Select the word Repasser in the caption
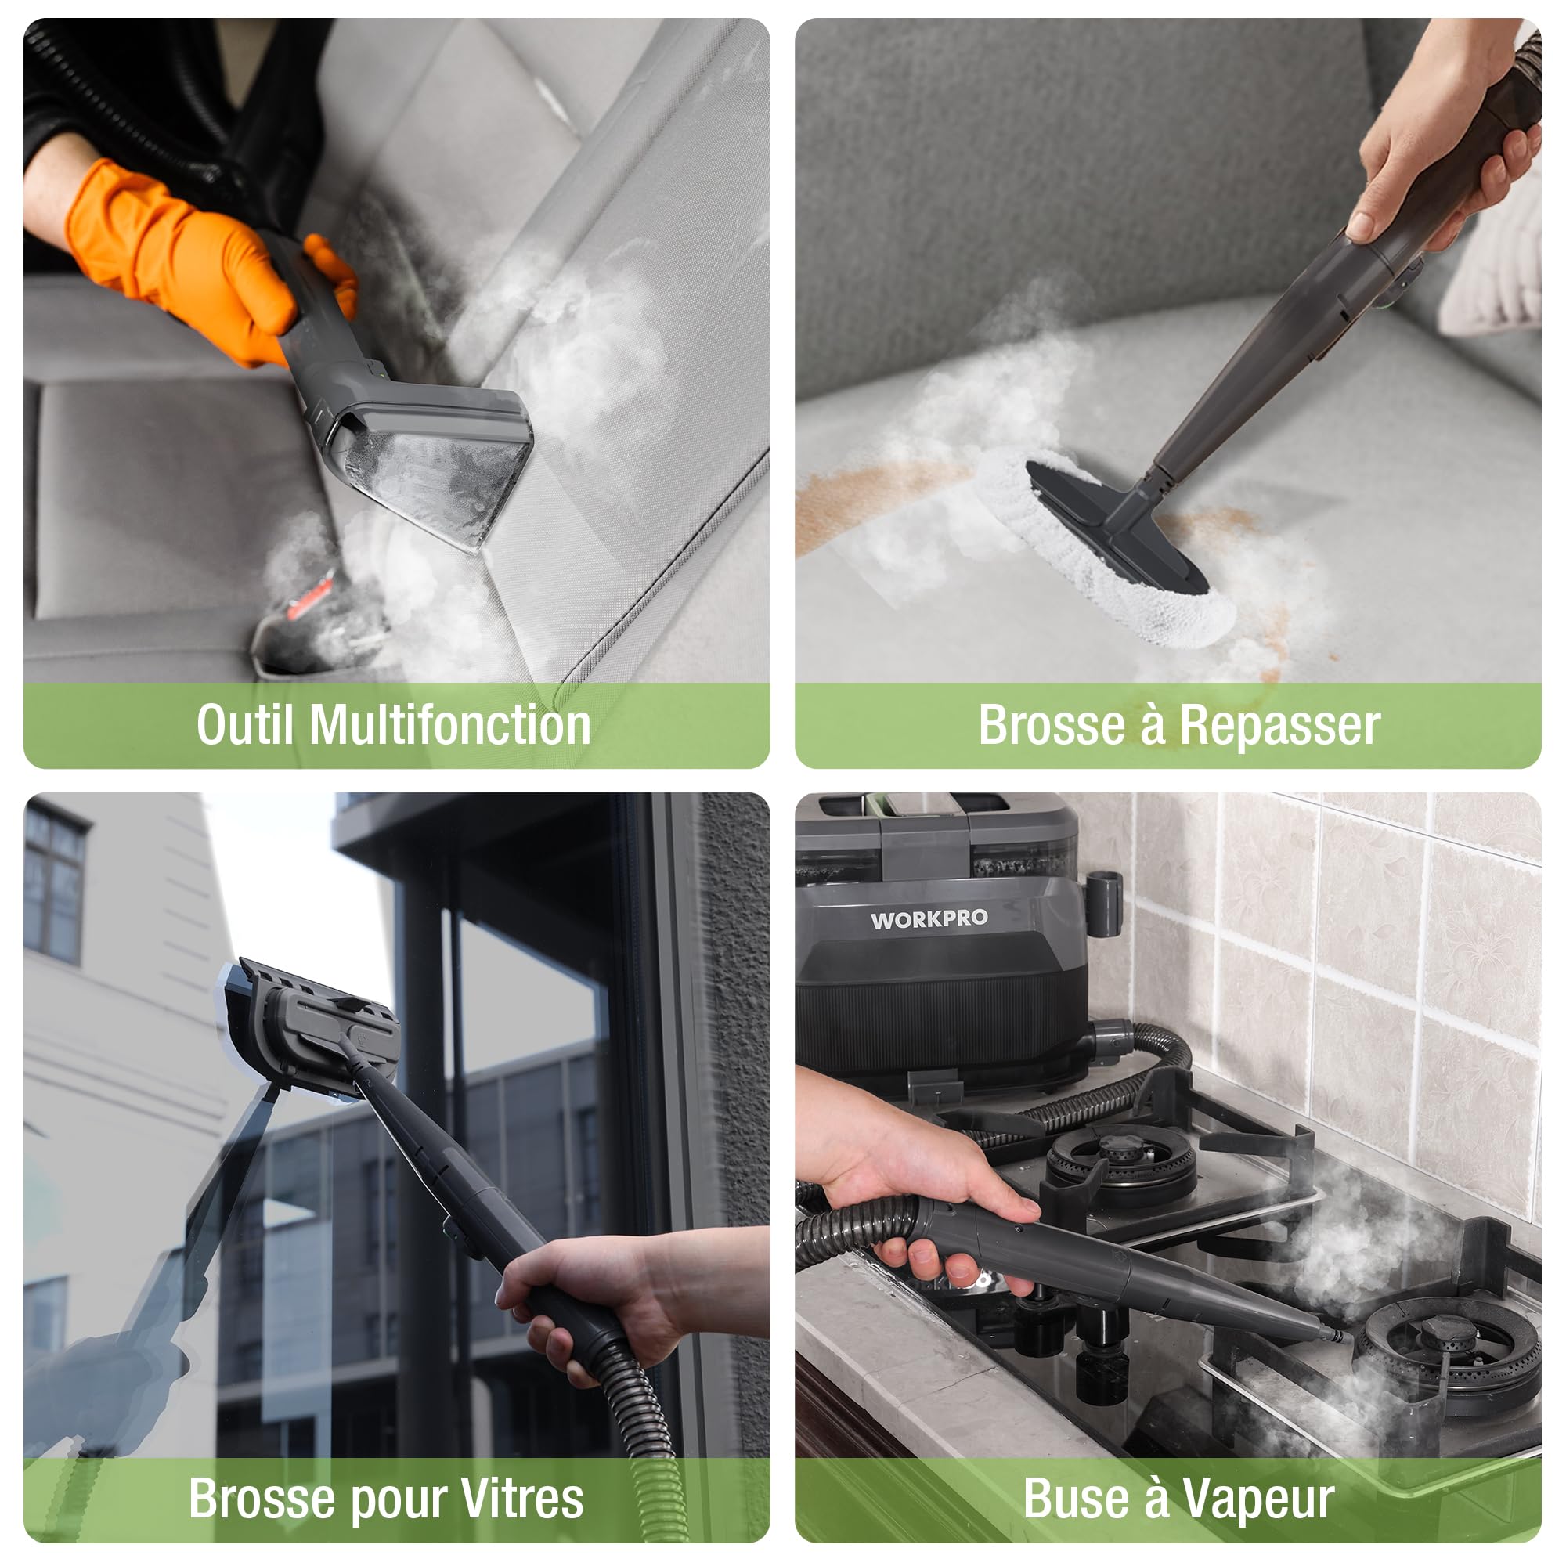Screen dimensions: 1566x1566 (1280, 726)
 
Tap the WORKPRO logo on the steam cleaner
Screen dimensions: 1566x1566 (929, 919)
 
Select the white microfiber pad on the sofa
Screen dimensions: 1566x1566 (1102, 551)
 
